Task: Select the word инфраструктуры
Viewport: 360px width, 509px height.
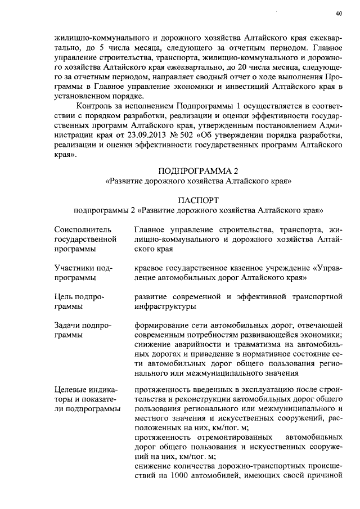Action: click(x=165, y=307)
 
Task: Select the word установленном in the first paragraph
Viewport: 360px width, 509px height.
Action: click(x=80, y=96)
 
